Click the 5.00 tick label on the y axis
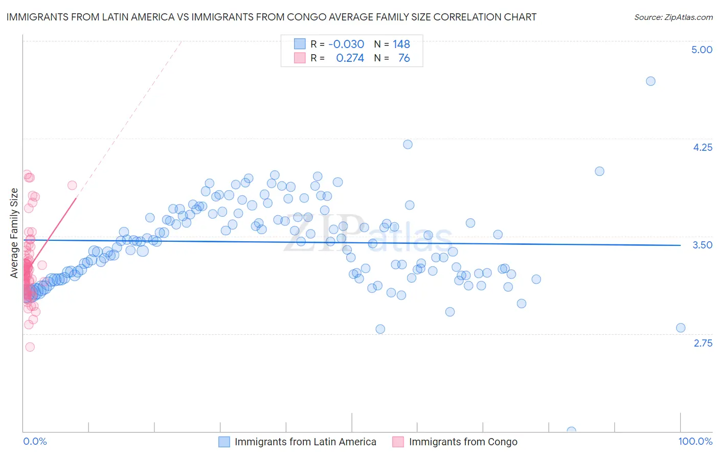702,50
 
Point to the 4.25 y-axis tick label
702,147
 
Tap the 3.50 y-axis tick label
702,245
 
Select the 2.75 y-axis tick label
703,343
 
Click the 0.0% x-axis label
35,441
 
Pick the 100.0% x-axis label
695,441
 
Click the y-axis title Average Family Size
14,233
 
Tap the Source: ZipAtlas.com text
673,17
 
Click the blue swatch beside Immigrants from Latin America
224,442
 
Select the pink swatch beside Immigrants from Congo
398,442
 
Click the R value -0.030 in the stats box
346,44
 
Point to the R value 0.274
350,58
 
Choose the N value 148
401,44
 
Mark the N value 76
404,58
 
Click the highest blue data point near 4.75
650,81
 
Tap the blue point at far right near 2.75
681,328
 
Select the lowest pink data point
30,347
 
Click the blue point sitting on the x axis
571,431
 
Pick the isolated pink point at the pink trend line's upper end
72,185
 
